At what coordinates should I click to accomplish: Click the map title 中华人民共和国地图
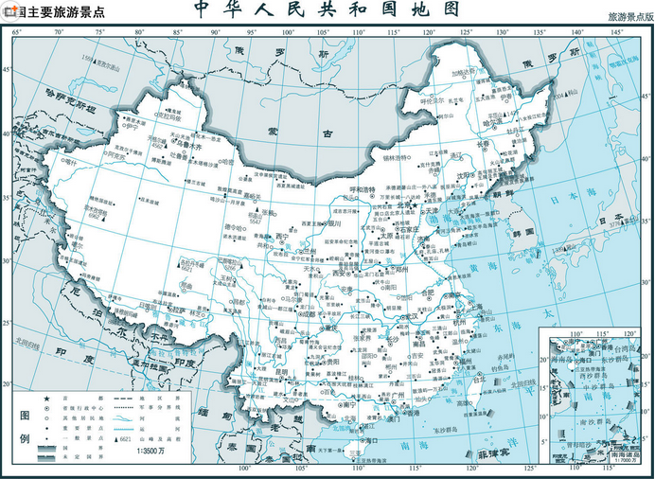(327, 10)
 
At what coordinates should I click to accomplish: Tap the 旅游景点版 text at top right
(628, 18)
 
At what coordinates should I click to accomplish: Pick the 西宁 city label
(282, 237)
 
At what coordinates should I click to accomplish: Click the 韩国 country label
(522, 231)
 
